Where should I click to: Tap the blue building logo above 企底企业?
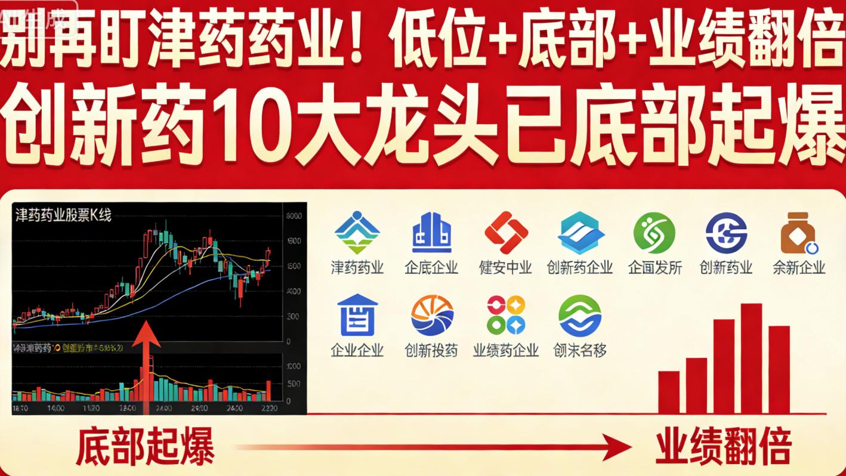click(431, 233)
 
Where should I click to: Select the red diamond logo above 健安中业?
click(506, 233)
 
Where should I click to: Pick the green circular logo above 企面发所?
click(654, 233)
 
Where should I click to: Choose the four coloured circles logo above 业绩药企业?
click(506, 316)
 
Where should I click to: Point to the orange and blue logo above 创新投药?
click(431, 316)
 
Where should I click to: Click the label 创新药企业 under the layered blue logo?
click(579, 267)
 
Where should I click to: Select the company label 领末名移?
click(579, 350)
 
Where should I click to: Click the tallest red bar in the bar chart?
click(751, 358)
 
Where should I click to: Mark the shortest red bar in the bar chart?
click(668, 392)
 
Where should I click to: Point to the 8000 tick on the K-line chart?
click(294, 216)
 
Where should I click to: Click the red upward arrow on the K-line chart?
click(145, 364)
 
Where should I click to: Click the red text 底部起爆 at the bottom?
click(145, 446)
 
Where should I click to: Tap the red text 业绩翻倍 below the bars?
click(723, 446)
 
